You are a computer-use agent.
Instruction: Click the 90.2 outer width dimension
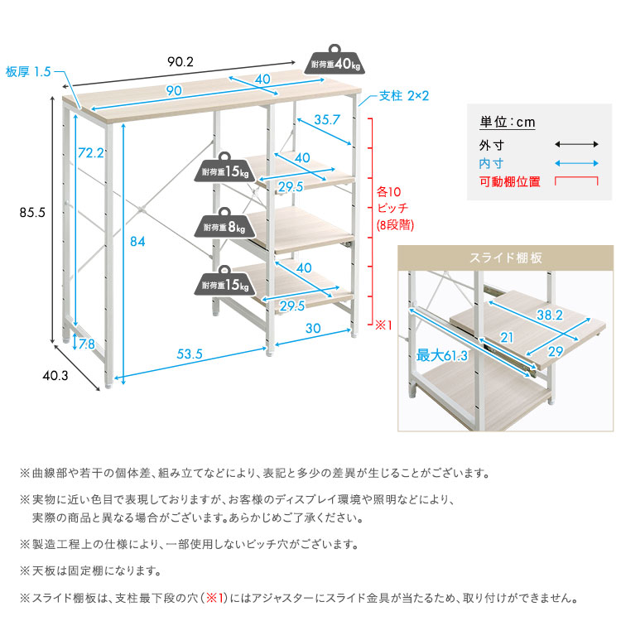(x=181, y=61)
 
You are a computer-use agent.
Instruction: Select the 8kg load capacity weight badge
(x=224, y=225)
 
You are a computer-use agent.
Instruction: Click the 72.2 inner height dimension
(x=90, y=152)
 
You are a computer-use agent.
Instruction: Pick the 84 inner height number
(x=137, y=242)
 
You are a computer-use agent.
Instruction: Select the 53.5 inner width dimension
(x=190, y=354)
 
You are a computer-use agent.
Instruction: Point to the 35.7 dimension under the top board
(x=328, y=119)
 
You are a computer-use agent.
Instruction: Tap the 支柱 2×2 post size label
(x=404, y=95)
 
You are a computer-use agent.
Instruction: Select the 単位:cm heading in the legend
(x=508, y=123)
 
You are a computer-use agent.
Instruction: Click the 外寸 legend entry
(x=492, y=145)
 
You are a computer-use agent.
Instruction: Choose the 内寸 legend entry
(x=492, y=163)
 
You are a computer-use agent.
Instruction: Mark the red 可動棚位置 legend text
(x=509, y=181)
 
